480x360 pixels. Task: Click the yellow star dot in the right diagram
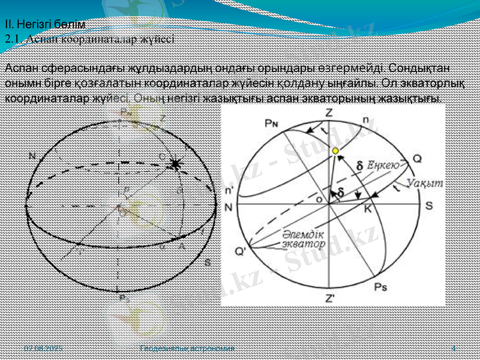coord(336,150)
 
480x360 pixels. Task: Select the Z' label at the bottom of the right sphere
coord(331,298)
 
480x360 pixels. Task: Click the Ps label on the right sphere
coord(380,287)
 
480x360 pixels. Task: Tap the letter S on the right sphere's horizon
coord(429,205)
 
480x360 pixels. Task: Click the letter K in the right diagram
coord(367,210)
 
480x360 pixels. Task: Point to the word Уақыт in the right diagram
coord(424,183)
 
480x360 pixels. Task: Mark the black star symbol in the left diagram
coord(175,164)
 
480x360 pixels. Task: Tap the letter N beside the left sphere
coord(32,155)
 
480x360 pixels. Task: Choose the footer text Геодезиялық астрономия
coord(186,348)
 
